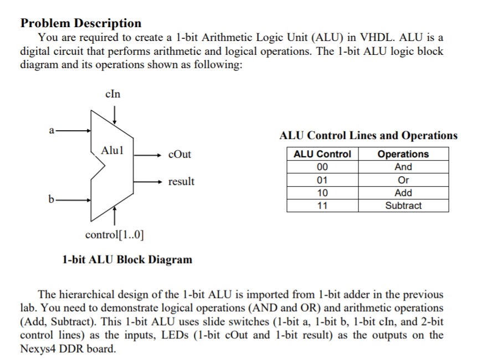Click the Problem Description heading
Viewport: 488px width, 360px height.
81,23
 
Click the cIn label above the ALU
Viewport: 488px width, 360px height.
112,94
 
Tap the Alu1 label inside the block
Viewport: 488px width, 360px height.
112,150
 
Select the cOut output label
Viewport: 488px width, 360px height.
179,155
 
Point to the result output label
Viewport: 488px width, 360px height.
182,182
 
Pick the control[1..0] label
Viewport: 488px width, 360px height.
114,234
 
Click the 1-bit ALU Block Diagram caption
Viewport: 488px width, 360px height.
127,259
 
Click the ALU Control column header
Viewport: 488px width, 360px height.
322,154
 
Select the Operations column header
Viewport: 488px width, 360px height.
403,154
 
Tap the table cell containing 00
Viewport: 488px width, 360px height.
322,167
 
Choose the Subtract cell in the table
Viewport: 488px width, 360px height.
403,205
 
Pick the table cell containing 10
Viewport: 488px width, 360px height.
322,193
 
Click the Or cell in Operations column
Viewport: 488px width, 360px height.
403,180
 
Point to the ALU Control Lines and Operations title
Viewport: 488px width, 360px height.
368,136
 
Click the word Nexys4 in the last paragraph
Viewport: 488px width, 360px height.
40,349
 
